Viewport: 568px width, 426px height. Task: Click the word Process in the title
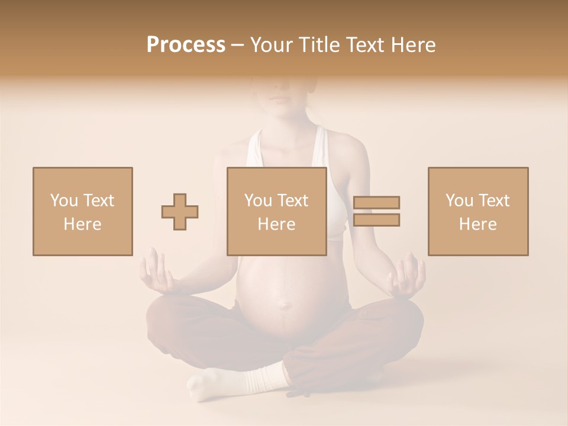186,45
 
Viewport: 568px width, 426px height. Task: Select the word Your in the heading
273,45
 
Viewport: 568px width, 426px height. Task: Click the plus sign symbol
180,211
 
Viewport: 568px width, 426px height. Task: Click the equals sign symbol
376,211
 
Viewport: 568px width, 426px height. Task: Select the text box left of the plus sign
83,211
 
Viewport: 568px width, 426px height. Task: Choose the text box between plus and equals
277,211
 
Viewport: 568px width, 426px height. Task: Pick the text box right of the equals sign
478,211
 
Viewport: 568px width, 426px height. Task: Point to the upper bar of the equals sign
376,203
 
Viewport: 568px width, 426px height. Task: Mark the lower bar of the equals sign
376,220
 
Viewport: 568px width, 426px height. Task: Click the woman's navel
285,305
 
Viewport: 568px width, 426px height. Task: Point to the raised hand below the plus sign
155,272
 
